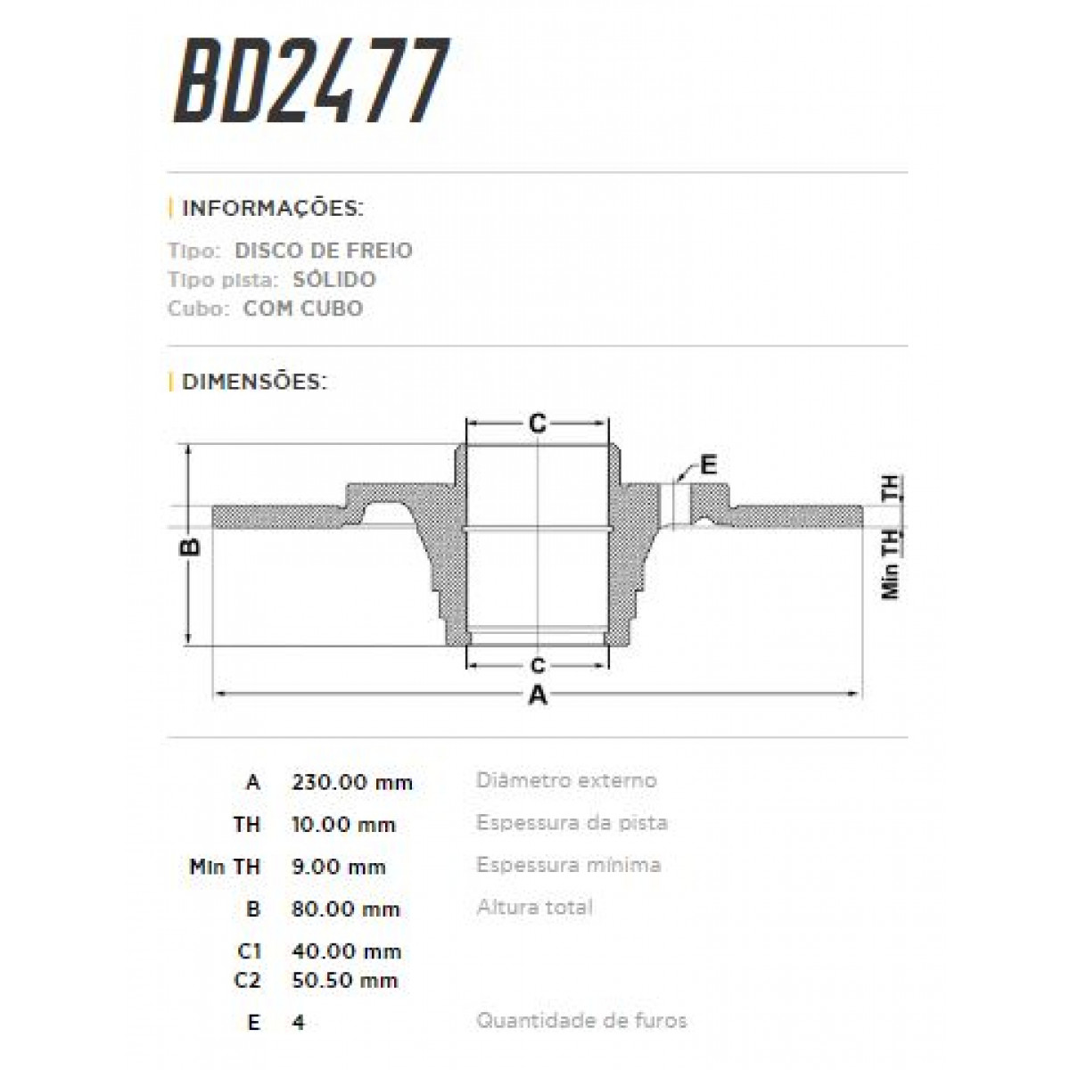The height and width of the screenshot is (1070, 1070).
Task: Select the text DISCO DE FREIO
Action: [x=324, y=251]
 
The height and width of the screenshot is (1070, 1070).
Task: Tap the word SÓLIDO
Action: [x=334, y=279]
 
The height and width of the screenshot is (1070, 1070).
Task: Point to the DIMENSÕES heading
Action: [x=254, y=382]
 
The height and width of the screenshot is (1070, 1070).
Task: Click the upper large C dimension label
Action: [x=538, y=424]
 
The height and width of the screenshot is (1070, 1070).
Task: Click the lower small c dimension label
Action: [x=538, y=665]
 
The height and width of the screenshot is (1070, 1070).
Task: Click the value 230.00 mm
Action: [x=352, y=782]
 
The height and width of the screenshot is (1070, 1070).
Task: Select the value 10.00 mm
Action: [x=343, y=825]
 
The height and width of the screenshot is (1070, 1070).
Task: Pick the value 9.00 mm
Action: [x=339, y=867]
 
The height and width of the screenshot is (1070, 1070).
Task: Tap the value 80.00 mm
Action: [x=346, y=909]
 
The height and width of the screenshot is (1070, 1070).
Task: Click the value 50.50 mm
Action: [x=344, y=980]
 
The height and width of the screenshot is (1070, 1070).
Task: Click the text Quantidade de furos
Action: [x=581, y=1020]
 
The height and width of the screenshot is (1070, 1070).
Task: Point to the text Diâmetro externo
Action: [x=566, y=780]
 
